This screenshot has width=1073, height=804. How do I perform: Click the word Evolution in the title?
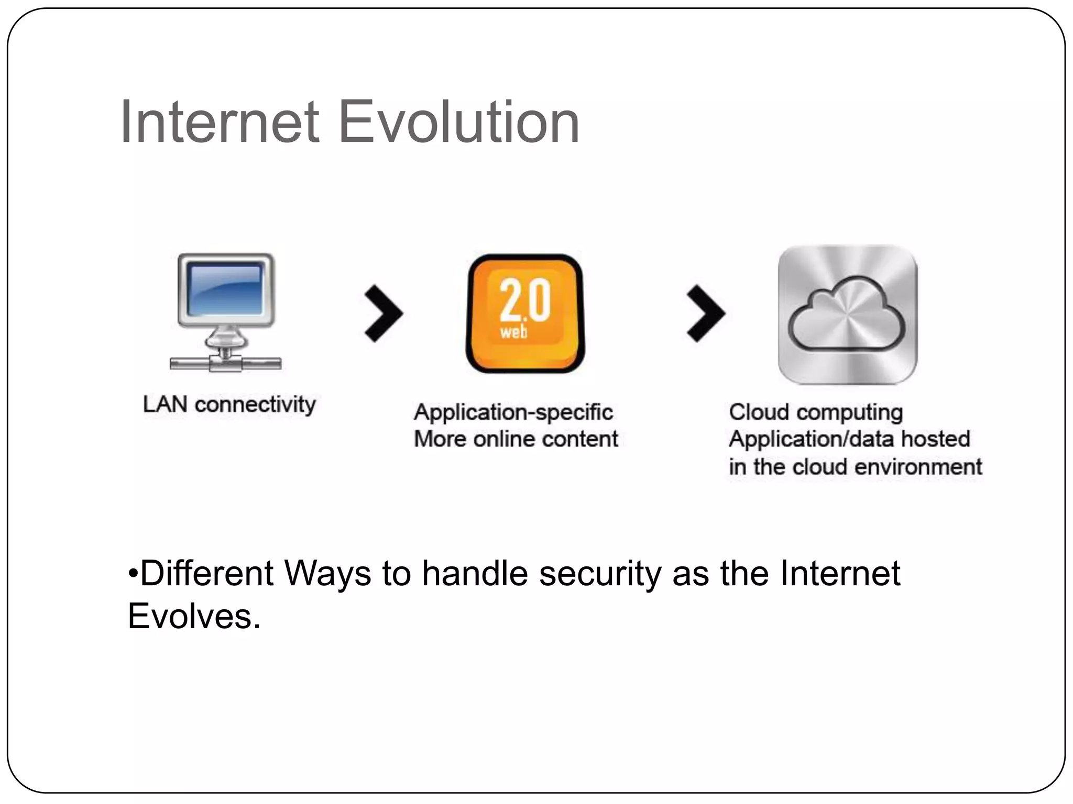click(x=459, y=122)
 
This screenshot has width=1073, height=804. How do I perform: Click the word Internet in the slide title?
click(x=220, y=122)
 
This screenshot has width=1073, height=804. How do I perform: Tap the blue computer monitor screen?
click(x=225, y=289)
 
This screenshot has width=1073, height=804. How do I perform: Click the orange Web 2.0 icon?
click(x=525, y=313)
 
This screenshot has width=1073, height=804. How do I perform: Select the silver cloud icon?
click(x=847, y=314)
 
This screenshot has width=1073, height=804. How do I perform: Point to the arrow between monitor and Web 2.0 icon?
click(x=384, y=314)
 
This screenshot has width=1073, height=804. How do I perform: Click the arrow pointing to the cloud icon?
click(x=706, y=314)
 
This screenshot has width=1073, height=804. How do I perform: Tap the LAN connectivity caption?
click(x=229, y=405)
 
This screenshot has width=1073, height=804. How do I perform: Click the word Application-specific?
click(x=513, y=412)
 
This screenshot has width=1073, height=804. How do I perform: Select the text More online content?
click(x=516, y=439)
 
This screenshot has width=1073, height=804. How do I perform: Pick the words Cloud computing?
click(x=816, y=412)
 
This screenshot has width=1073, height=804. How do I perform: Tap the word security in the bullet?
click(x=600, y=574)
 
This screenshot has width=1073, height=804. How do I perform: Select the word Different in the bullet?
click(x=207, y=574)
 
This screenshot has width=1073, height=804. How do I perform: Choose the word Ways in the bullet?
click(x=328, y=574)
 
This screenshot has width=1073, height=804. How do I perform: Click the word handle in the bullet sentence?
click(x=475, y=574)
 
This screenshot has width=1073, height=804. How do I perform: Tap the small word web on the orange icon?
click(x=513, y=331)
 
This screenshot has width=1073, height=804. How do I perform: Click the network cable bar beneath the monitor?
click(x=226, y=363)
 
